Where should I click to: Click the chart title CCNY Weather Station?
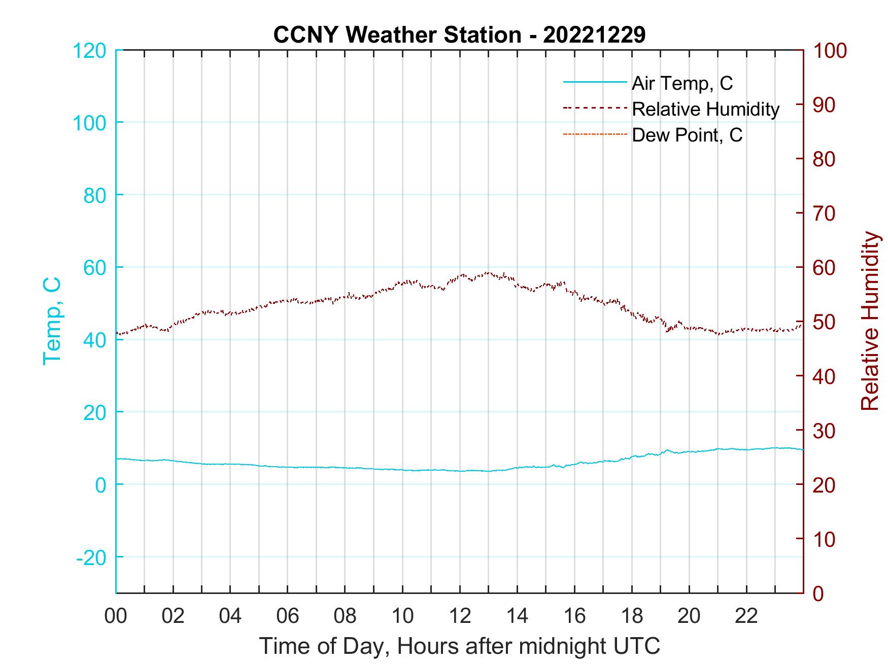pos(459,35)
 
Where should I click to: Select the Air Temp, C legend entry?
pos(682,83)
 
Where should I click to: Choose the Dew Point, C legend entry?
pos(687,135)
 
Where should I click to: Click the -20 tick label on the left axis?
pos(91,557)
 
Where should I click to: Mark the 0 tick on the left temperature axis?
pos(100,485)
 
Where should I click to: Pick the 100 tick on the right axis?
pos(830,51)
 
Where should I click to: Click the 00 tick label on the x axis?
pos(116,616)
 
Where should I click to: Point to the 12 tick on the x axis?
pos(460,616)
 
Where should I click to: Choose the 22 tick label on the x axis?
pos(746,616)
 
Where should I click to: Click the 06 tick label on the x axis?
pos(288,616)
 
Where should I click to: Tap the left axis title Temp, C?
pos(52,321)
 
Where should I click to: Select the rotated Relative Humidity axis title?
pos(870,321)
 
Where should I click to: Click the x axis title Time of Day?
pos(459,646)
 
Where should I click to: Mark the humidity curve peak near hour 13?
pos(488,272)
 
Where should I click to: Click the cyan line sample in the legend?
pos(595,82)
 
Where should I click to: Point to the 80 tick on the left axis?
pos(94,195)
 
